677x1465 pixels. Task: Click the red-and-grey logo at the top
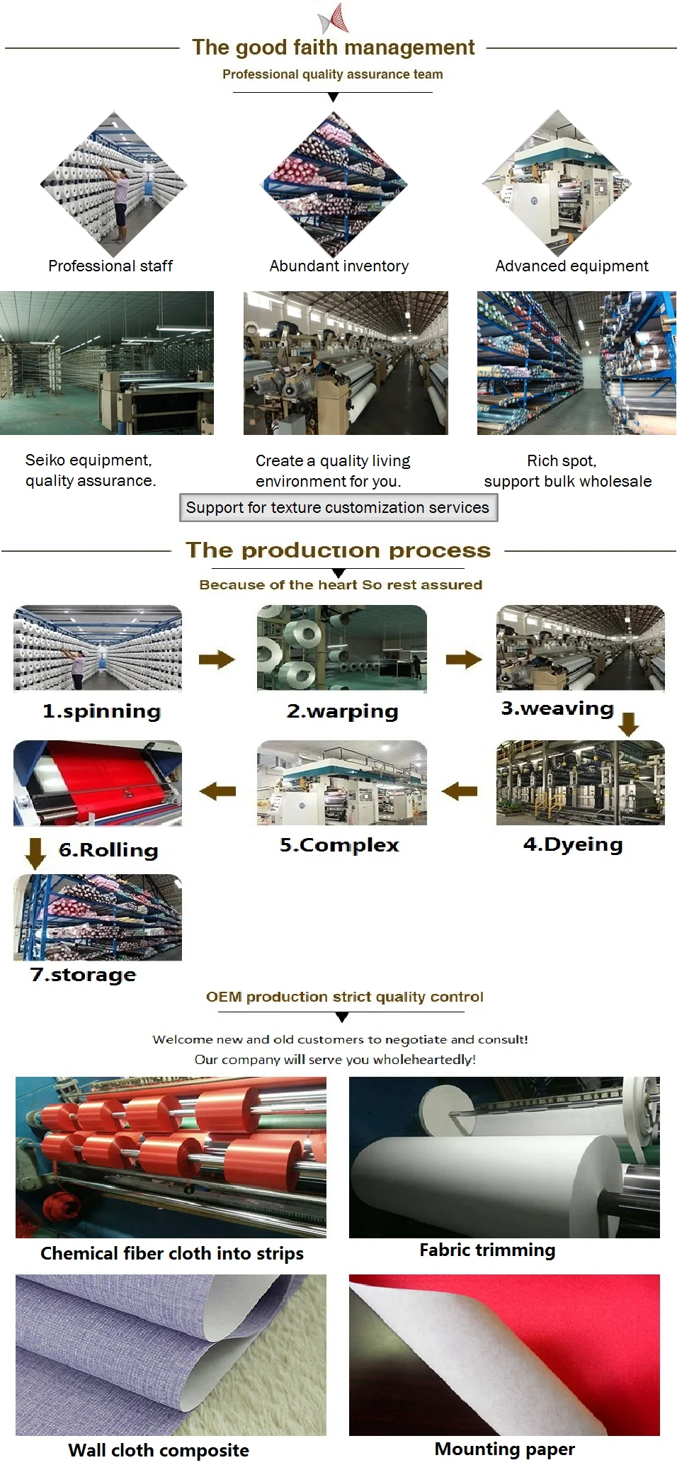pyautogui.click(x=334, y=18)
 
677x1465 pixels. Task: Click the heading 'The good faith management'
pyautogui.click(x=333, y=47)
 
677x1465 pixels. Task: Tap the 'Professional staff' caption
pyautogui.click(x=110, y=266)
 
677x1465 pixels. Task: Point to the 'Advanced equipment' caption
pyautogui.click(x=571, y=266)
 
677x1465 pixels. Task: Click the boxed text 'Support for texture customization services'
pyautogui.click(x=338, y=507)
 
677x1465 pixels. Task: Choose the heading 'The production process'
pyautogui.click(x=338, y=550)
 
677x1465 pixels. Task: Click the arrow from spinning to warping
pyautogui.click(x=216, y=660)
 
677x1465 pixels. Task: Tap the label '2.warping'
pyautogui.click(x=342, y=711)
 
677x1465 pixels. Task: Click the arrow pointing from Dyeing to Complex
pyautogui.click(x=460, y=790)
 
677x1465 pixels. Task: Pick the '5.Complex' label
pyautogui.click(x=339, y=844)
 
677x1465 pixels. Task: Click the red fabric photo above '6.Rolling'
pyautogui.click(x=98, y=783)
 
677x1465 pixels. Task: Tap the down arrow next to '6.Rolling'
pyautogui.click(x=35, y=853)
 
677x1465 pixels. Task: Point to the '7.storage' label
pyautogui.click(x=83, y=974)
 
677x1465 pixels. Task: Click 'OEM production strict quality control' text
pyautogui.click(x=344, y=997)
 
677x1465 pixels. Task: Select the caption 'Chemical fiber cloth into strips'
pyautogui.click(x=171, y=1253)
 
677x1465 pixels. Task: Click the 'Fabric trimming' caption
pyautogui.click(x=487, y=1250)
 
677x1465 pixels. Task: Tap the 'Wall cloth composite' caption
pyautogui.click(x=159, y=1450)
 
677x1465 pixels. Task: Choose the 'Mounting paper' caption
pyautogui.click(x=504, y=1449)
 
